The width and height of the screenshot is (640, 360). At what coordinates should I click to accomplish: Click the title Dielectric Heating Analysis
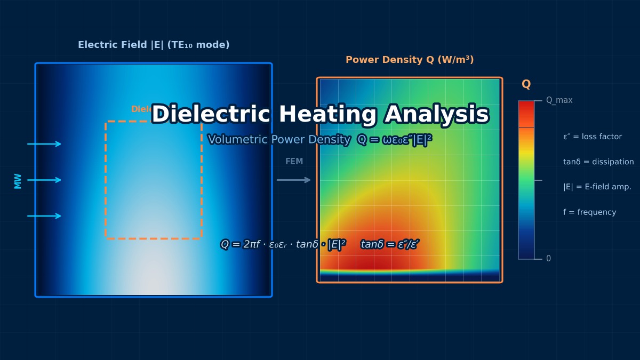pos(320,115)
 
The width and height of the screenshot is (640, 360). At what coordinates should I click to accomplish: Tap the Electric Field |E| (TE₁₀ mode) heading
pos(154,45)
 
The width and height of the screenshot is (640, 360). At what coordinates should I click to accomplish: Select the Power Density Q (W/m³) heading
pos(410,60)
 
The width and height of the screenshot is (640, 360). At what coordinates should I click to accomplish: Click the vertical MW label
pos(18,180)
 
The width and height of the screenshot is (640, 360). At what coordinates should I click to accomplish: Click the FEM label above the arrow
pos(294,162)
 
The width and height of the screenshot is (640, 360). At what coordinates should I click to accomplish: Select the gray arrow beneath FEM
pos(294,180)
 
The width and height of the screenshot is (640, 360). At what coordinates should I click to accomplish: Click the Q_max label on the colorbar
pos(559,100)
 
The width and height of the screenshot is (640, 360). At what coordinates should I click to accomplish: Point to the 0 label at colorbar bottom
pos(548,259)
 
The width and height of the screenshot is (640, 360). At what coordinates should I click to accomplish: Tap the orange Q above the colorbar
pos(526,85)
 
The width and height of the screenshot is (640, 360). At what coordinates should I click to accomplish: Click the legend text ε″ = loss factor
pos(592,137)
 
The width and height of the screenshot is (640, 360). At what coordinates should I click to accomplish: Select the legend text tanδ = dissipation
pos(598,162)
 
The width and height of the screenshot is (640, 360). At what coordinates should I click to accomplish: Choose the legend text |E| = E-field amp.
pos(597,187)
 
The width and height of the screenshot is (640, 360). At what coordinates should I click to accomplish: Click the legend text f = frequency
pos(589,212)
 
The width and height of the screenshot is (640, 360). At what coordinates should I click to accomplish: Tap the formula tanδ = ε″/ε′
pos(390,245)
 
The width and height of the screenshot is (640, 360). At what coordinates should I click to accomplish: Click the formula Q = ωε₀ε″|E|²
pos(395,140)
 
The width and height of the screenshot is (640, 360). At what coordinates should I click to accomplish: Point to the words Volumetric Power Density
pos(279,140)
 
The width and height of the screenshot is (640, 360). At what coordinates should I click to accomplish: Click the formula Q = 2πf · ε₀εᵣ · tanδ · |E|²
pos(283,245)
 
